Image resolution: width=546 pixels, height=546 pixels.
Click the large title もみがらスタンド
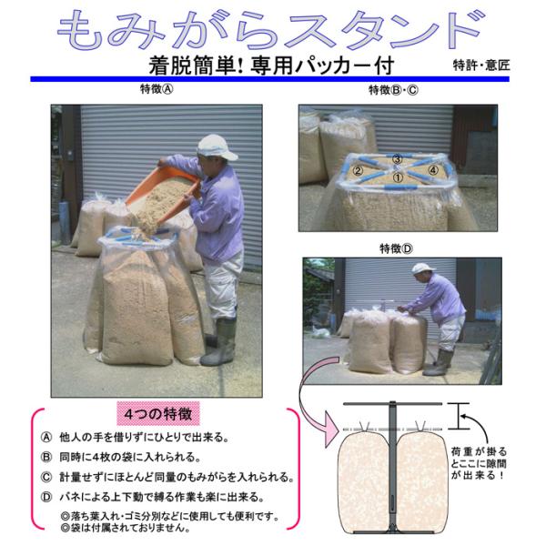[271, 31]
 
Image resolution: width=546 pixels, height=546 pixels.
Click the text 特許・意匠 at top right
[481, 66]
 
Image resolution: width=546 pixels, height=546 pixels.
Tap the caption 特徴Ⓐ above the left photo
[157, 89]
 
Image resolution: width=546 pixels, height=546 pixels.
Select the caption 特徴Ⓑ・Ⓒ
[393, 90]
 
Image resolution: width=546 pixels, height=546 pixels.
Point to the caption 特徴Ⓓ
[396, 248]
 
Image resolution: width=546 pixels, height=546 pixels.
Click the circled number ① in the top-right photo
[398, 177]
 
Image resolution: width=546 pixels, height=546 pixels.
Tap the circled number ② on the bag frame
[358, 171]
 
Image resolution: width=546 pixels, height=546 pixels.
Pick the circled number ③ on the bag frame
[398, 159]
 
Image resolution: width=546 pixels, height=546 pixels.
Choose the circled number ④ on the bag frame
[433, 170]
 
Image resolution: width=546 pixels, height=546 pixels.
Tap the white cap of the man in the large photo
[216, 147]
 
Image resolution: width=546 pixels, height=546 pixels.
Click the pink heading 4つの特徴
[158, 414]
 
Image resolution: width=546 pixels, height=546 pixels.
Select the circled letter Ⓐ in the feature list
[46, 438]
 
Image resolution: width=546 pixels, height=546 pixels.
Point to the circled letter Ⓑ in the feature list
[46, 457]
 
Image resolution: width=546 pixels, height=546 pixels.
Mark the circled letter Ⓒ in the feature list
[46, 477]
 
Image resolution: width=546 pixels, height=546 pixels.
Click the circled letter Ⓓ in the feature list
[46, 497]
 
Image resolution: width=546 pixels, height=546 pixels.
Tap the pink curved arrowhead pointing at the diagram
[331, 429]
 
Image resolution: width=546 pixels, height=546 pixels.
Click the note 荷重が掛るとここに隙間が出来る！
[480, 463]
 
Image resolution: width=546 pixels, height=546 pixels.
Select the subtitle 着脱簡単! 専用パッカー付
[271, 66]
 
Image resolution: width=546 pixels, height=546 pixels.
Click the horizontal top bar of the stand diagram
[392, 404]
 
